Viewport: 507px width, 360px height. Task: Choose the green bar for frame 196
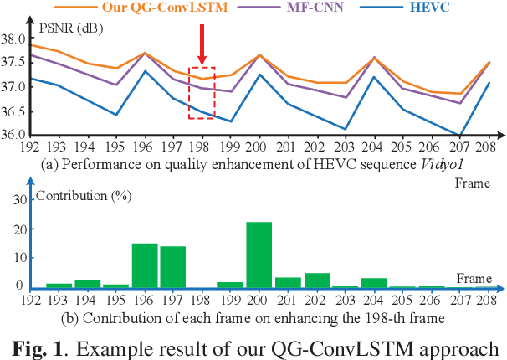pyautogui.click(x=146, y=266)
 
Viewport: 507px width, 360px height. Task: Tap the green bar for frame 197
pyautogui.click(x=173, y=267)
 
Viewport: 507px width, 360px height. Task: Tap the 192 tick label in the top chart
pyautogui.click(x=30, y=144)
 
